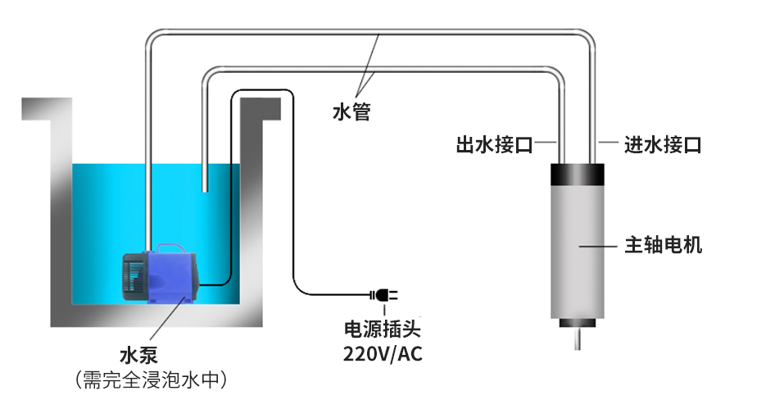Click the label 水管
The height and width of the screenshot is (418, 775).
[x=351, y=111]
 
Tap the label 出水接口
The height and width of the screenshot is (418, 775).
[x=495, y=146]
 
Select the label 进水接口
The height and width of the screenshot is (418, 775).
[x=663, y=146]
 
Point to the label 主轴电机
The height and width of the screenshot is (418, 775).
[x=663, y=245]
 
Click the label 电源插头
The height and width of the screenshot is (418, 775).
[x=383, y=330]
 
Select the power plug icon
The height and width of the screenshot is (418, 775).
[x=383, y=294]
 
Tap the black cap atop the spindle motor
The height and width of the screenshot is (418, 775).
[x=577, y=175]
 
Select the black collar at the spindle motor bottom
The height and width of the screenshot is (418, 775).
[x=578, y=322]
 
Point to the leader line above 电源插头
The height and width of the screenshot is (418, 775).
[x=383, y=309]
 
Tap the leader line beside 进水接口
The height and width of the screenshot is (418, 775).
[x=607, y=143]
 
